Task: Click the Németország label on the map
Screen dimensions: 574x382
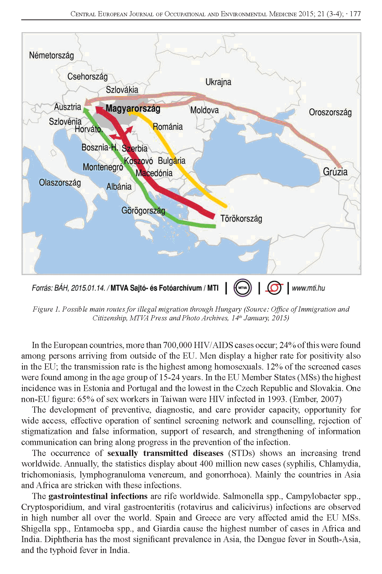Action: (51, 56)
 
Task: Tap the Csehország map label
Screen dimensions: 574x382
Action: (87, 77)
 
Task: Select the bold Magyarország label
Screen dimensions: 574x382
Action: (133, 108)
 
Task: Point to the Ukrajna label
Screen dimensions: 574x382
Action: (218, 82)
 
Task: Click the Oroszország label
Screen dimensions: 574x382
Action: (330, 112)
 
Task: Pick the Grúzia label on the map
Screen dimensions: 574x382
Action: (335, 171)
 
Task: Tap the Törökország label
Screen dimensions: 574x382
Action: (241, 219)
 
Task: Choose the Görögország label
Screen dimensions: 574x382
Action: (143, 211)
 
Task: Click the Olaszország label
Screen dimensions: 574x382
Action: (60, 183)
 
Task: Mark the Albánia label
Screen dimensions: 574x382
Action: (119, 186)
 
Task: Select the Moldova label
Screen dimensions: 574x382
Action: (204, 110)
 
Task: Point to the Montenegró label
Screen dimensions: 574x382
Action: (103, 167)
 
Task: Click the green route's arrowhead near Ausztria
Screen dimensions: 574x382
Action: (85, 110)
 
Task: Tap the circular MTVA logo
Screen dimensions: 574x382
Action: (242, 288)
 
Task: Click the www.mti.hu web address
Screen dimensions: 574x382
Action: (308, 288)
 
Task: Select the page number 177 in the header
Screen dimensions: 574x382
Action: (355, 14)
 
